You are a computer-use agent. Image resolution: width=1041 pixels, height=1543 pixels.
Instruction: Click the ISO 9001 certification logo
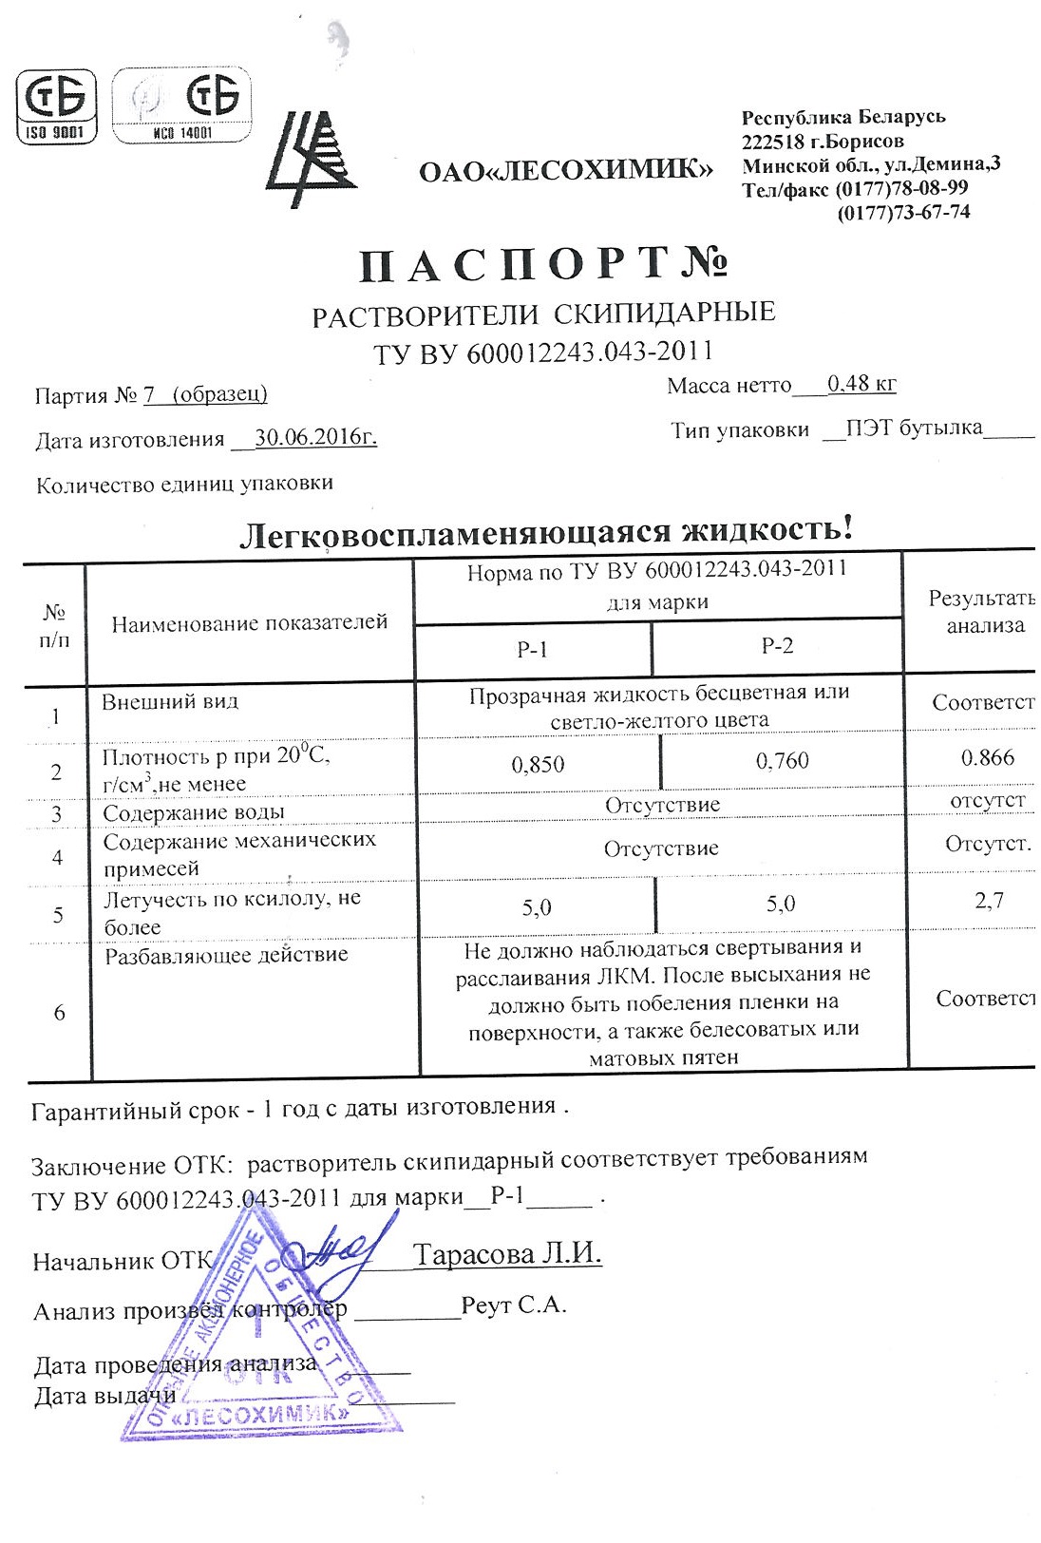pos(57,105)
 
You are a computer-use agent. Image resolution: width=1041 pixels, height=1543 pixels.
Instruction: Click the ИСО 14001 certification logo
pos(182,105)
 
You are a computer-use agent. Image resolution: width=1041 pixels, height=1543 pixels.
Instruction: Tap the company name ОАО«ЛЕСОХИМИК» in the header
pos(565,171)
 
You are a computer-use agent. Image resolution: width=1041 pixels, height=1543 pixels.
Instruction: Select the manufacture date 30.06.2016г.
pos(315,438)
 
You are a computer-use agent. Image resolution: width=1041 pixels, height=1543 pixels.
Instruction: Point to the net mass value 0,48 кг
pos(861,384)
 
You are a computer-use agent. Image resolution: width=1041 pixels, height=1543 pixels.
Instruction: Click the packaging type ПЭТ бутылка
pos(914,429)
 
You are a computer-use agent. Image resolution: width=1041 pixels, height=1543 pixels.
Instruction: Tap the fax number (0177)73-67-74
pos(903,212)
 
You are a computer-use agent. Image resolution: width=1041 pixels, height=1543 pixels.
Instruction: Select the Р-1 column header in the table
pos(532,650)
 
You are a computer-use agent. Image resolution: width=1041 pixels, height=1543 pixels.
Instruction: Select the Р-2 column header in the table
pos(777,646)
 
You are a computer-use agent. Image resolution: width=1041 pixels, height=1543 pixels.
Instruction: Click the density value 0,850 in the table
pos(538,765)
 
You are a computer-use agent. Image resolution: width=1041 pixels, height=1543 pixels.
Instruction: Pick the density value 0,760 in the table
pos(782,761)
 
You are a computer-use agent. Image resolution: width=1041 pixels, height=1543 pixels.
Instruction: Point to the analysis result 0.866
pos(987,757)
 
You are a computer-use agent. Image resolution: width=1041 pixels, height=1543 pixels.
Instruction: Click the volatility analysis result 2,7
pos(989,900)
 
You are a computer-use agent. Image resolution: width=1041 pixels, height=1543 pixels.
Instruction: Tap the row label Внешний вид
pos(170,702)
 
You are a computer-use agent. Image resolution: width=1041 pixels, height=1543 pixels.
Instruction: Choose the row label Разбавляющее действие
pos(226,955)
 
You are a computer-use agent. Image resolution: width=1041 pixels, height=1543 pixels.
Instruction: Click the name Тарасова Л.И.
pos(507,1254)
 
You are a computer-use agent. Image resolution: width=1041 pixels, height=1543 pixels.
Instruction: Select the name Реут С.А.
pos(514,1305)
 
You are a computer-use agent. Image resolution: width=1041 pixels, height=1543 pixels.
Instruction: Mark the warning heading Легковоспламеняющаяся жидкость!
pos(545,531)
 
